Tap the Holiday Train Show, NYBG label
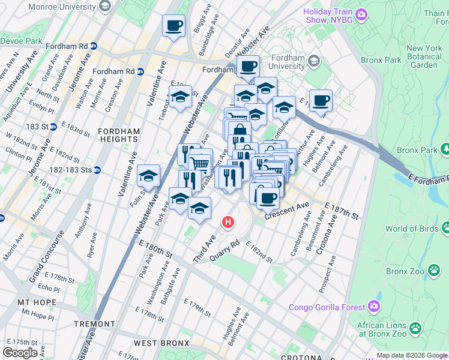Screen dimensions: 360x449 tap(329, 16)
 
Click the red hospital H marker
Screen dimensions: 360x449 tap(228, 223)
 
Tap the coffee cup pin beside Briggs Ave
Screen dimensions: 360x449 tap(173, 26)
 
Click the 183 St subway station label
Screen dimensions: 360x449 tap(37, 127)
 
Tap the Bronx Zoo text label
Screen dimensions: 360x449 tap(405, 271)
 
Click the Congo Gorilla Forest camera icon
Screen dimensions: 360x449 tap(375, 307)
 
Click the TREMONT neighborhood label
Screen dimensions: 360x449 tap(94, 324)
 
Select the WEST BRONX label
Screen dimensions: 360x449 tap(161, 343)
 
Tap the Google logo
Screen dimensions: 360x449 tap(20, 352)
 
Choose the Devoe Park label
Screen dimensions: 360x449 tap(21, 41)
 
